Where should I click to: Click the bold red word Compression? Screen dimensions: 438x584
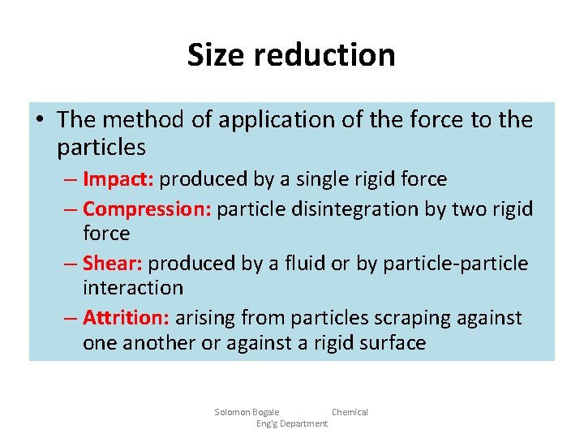[x=147, y=209]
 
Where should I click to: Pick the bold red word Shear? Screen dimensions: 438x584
[x=113, y=264]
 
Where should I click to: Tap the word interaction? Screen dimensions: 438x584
[x=133, y=288]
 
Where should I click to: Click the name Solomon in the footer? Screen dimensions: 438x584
[x=232, y=412]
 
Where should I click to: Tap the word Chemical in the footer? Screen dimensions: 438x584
[x=350, y=412]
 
